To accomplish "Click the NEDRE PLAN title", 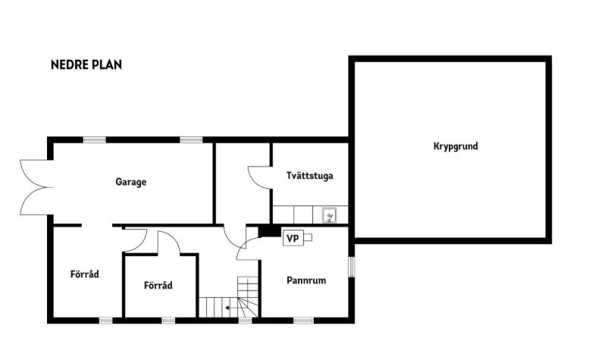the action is pos(86,64).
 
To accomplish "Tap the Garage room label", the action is pos(130,182).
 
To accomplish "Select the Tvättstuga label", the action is pos(309,176).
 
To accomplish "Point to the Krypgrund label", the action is pos(456,146).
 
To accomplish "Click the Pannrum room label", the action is pos(306,280).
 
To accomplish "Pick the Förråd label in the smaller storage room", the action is pos(158,285).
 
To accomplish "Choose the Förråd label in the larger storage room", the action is pos(85,274).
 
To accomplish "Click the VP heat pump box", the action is pos(293,238).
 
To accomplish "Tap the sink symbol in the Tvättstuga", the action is pos(329,216).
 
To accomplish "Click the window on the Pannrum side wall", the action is pos(351,267).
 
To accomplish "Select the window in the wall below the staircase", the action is pos(245,321).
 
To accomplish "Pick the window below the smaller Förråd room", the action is pos(168,321).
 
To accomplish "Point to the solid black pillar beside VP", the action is pos(270,230).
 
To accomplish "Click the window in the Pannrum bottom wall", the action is pos(303,321).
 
